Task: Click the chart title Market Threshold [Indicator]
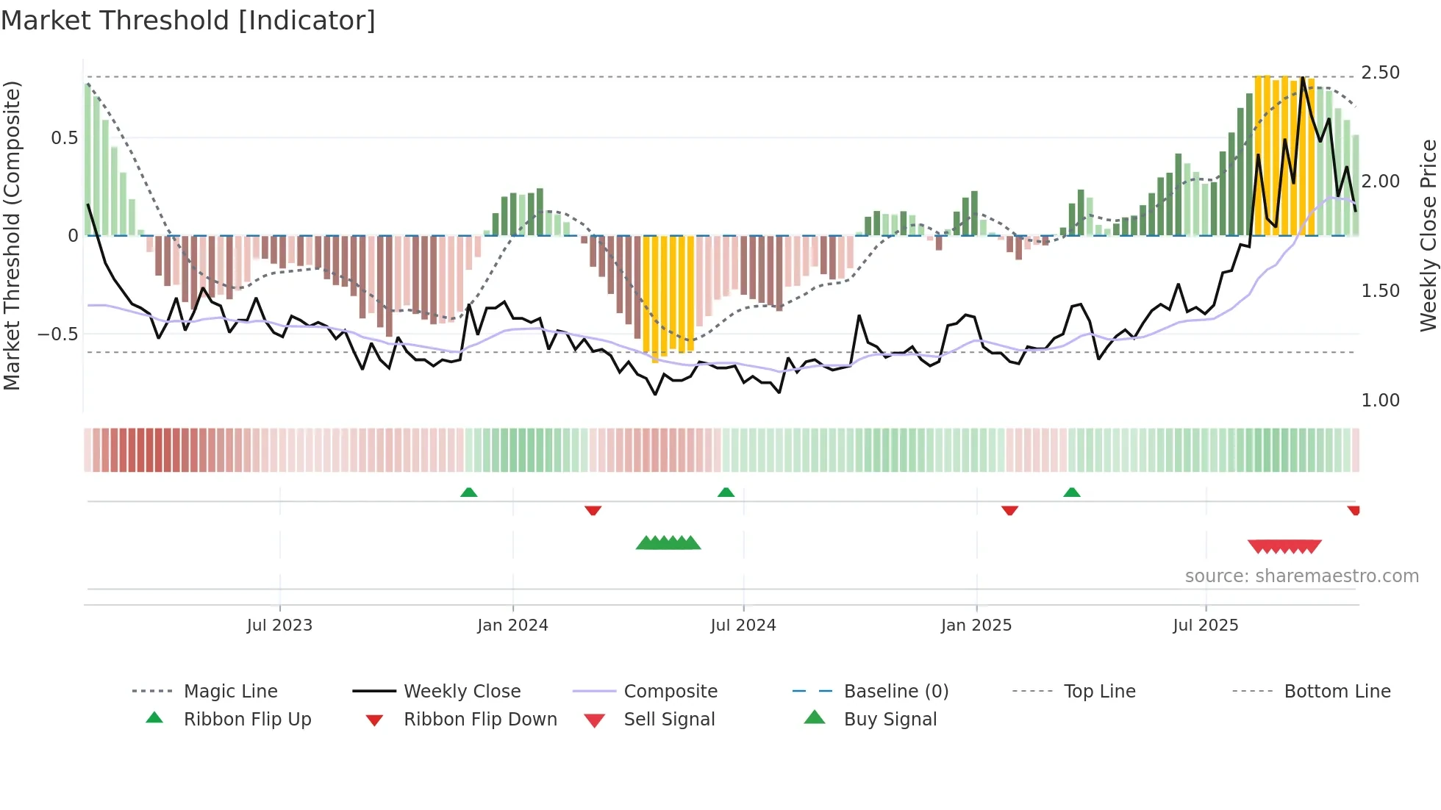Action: [188, 21]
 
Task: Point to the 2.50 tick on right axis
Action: [1380, 73]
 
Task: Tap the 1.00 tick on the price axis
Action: [1380, 401]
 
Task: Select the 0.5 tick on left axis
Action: [65, 138]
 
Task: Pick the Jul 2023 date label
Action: [279, 626]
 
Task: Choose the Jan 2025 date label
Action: [976, 626]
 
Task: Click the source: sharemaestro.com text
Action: [1301, 576]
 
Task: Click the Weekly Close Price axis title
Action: [1428, 235]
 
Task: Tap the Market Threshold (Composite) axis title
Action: [12, 235]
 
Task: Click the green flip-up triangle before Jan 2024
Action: [468, 492]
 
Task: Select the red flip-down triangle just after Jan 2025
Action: [1009, 510]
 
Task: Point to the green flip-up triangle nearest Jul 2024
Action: [726, 492]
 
